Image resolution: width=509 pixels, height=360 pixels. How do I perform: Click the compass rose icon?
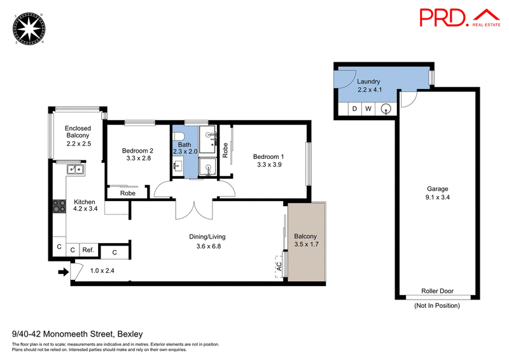click(29, 29)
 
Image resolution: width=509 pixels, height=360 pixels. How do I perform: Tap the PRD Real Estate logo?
click(459, 18)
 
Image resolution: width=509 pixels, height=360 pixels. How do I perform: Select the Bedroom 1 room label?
click(268, 157)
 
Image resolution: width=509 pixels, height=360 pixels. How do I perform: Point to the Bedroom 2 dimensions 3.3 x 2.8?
click(139, 158)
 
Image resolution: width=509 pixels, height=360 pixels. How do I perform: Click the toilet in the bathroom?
click(178, 136)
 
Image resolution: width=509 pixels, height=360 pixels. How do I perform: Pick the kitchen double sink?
click(76, 169)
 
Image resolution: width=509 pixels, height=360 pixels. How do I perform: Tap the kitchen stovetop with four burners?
click(59, 206)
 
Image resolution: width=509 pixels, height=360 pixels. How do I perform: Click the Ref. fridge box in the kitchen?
click(88, 250)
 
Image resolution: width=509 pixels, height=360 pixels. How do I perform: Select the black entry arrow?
click(63, 272)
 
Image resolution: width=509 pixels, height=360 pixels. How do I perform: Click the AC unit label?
click(279, 267)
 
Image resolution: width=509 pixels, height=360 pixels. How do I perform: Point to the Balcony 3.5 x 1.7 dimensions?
click(307, 244)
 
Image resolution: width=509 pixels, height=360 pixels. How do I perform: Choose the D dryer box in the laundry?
click(354, 109)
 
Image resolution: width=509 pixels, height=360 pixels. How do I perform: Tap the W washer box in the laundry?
click(368, 109)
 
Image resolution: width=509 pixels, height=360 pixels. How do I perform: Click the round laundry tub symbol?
click(386, 109)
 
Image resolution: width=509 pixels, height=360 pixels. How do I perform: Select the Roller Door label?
click(437, 291)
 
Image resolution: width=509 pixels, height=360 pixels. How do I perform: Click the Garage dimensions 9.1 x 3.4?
click(438, 197)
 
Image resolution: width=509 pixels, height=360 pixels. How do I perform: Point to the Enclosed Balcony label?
click(78, 132)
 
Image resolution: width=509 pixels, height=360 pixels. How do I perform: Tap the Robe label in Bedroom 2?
click(128, 193)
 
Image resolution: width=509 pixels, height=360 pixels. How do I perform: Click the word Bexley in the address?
click(130, 334)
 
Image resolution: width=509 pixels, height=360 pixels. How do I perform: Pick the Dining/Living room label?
click(207, 237)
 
